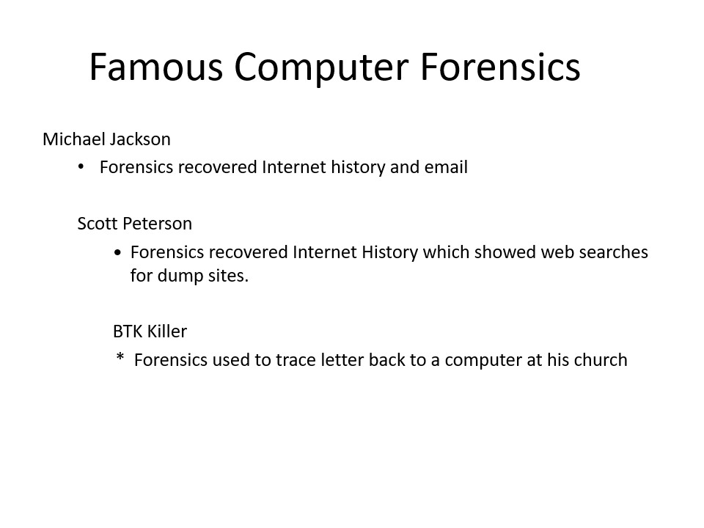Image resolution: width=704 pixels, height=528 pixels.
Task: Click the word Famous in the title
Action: coord(155,67)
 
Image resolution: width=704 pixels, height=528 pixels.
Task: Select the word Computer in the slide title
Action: coord(321,68)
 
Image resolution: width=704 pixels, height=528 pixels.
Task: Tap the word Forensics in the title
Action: coord(500,67)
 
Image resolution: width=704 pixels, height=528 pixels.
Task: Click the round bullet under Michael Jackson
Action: coord(81,167)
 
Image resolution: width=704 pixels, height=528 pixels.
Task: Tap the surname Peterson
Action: coord(157,224)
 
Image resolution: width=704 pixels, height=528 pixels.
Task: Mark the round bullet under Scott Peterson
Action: coord(117,253)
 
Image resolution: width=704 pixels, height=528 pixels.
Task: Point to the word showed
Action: coord(505,252)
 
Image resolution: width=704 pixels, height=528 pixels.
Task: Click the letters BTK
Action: coord(128,331)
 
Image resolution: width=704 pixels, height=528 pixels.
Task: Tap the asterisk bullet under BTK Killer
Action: coord(120,357)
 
